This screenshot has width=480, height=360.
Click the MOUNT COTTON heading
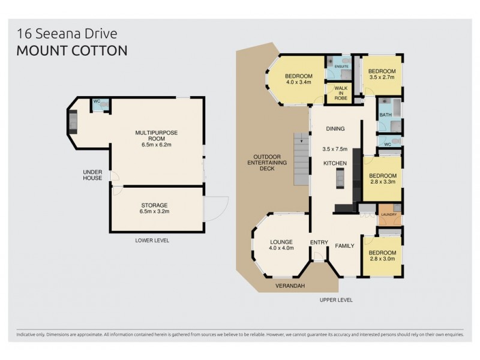(x=71, y=50)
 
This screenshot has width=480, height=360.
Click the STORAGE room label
(x=155, y=208)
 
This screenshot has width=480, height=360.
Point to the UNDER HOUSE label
(x=92, y=175)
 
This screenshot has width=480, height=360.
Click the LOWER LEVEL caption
(x=152, y=240)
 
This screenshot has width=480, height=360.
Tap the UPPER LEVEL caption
(x=335, y=299)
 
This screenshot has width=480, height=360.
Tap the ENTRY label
(x=319, y=243)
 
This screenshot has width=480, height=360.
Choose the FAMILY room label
(x=344, y=245)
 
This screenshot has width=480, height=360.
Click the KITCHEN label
(x=335, y=163)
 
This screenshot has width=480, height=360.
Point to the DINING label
(x=335, y=129)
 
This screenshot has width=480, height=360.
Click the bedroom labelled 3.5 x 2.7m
(x=382, y=74)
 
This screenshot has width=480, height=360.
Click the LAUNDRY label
(x=387, y=214)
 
